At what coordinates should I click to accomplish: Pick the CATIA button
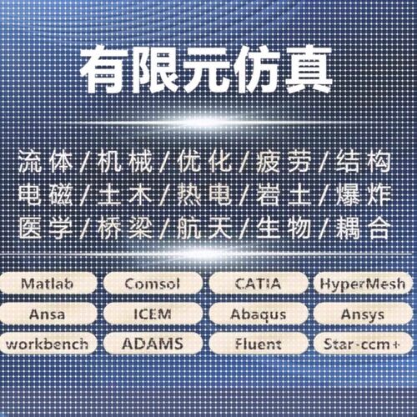[x=257, y=284]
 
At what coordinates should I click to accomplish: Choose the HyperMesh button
[x=363, y=284]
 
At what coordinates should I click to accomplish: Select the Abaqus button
[x=257, y=314]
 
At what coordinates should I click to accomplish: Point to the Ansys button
[x=363, y=314]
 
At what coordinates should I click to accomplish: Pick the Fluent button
[x=257, y=343]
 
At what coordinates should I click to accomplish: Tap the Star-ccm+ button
[x=363, y=343]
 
